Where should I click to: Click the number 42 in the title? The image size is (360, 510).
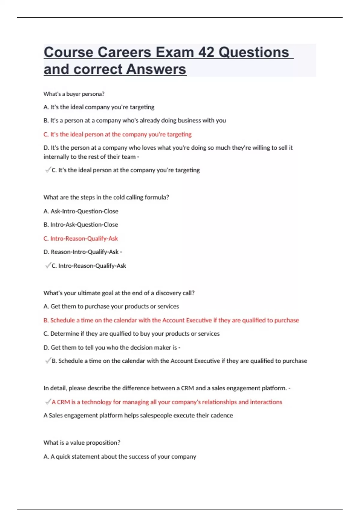206,52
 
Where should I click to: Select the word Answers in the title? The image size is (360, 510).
156,69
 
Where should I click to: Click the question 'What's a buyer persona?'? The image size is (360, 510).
74,94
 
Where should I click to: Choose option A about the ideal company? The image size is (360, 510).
99,107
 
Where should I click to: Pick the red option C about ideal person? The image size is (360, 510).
117,134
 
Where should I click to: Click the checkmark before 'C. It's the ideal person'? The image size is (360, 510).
48,170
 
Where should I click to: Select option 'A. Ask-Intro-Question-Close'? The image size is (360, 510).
81,211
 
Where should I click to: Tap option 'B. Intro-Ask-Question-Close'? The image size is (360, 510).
81,225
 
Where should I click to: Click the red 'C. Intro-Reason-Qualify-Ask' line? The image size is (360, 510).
80,238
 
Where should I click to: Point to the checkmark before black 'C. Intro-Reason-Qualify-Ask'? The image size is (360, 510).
48,265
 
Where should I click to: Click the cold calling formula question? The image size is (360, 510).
106,197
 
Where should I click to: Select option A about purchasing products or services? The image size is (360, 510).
111,306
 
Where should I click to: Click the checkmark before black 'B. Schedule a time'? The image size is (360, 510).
48,361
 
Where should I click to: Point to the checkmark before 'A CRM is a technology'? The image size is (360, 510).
48,402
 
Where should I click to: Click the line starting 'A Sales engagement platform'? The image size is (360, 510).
138,415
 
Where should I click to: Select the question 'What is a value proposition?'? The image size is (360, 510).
82,442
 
